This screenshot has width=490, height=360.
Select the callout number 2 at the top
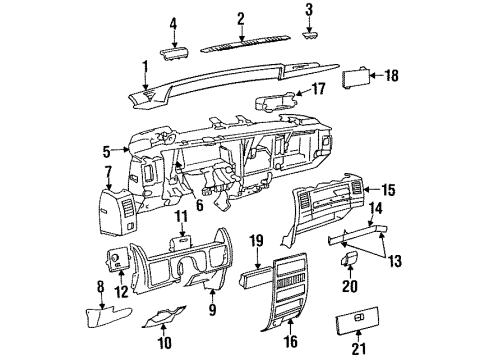pyautogui.click(x=241, y=18)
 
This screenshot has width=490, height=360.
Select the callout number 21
pyautogui.click(x=385, y=347)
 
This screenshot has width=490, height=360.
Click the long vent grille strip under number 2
pyautogui.click(x=241, y=45)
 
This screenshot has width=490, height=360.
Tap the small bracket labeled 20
pyautogui.click(x=350, y=260)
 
